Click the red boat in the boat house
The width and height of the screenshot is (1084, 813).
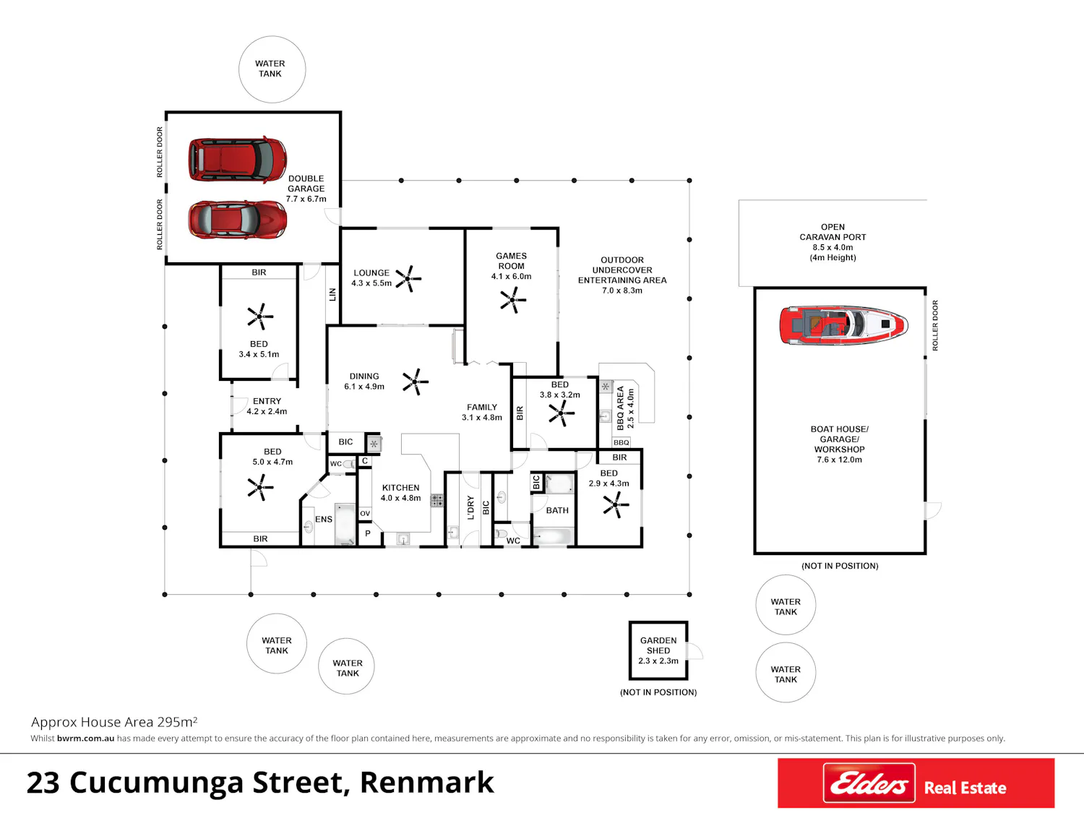click(843, 324)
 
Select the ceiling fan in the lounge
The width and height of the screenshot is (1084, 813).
click(408, 279)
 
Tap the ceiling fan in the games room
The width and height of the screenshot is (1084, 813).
click(513, 300)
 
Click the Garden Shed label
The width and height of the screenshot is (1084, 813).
click(658, 645)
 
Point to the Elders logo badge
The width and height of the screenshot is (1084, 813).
click(869, 783)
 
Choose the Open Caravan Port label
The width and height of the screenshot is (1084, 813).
click(833, 232)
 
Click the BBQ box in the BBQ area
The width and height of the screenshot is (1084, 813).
click(621, 442)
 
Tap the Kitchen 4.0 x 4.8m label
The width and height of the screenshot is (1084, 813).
click(400, 493)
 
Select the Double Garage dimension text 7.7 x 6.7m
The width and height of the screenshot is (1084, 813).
click(306, 199)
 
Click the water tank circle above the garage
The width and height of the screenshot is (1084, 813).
click(272, 69)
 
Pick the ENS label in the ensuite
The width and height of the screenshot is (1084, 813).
click(324, 520)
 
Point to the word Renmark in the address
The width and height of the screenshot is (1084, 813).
click(426, 783)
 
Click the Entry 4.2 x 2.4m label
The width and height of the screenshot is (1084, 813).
click(267, 406)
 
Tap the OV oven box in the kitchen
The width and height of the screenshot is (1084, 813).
click(365, 513)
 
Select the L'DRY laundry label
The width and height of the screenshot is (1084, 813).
click(470, 507)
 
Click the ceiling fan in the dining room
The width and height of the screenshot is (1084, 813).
click(416, 382)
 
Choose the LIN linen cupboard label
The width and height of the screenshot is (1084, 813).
click(332, 295)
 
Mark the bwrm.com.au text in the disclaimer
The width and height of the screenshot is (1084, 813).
click(85, 739)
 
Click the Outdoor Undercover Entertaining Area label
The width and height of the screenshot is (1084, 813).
click(622, 275)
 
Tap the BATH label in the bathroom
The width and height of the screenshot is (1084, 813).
click(557, 510)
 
